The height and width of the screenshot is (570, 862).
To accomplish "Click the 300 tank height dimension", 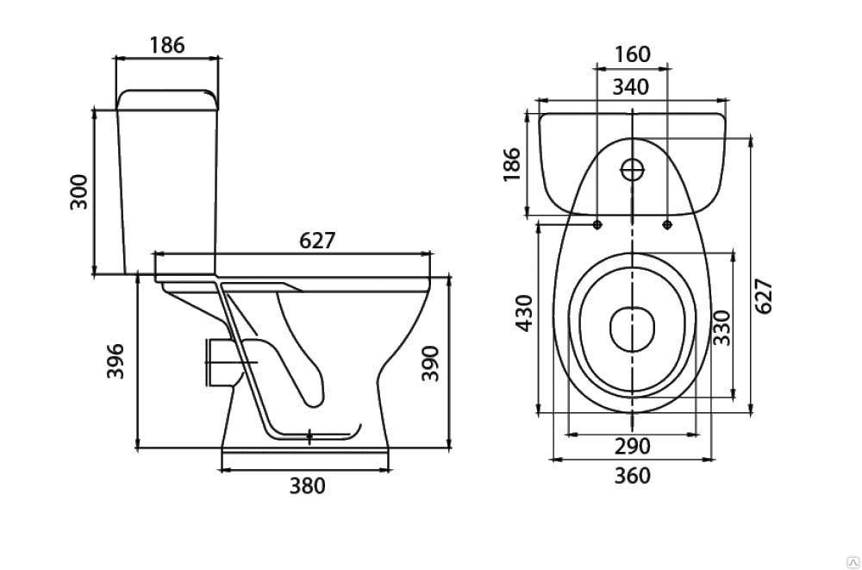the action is (x=79, y=191).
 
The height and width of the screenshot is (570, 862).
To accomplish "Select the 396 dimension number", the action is (x=116, y=361).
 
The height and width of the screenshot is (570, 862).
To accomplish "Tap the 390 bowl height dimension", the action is (x=430, y=363).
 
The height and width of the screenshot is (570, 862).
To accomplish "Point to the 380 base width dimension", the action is (x=308, y=485).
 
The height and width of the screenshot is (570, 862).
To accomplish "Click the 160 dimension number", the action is (x=632, y=54).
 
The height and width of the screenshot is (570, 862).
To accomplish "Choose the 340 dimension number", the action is (x=631, y=87).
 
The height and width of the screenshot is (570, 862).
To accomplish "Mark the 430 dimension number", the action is (x=524, y=313).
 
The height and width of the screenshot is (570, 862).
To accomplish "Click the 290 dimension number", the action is (x=632, y=446).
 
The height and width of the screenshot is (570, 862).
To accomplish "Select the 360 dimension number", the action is (x=632, y=475).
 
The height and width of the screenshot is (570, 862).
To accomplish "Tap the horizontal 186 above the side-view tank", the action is (x=167, y=45).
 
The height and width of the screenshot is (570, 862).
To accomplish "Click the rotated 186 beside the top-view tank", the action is (x=510, y=164).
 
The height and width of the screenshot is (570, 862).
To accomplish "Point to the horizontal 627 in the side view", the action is (x=317, y=241).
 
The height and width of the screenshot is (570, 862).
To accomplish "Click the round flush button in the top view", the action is (x=632, y=170).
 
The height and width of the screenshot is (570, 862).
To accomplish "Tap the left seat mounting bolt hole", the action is (x=597, y=224).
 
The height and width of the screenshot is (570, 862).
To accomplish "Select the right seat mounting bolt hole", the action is (x=667, y=224).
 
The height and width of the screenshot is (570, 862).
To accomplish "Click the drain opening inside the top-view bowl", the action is (x=633, y=329).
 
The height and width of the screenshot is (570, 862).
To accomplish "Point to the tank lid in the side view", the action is (x=167, y=99).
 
